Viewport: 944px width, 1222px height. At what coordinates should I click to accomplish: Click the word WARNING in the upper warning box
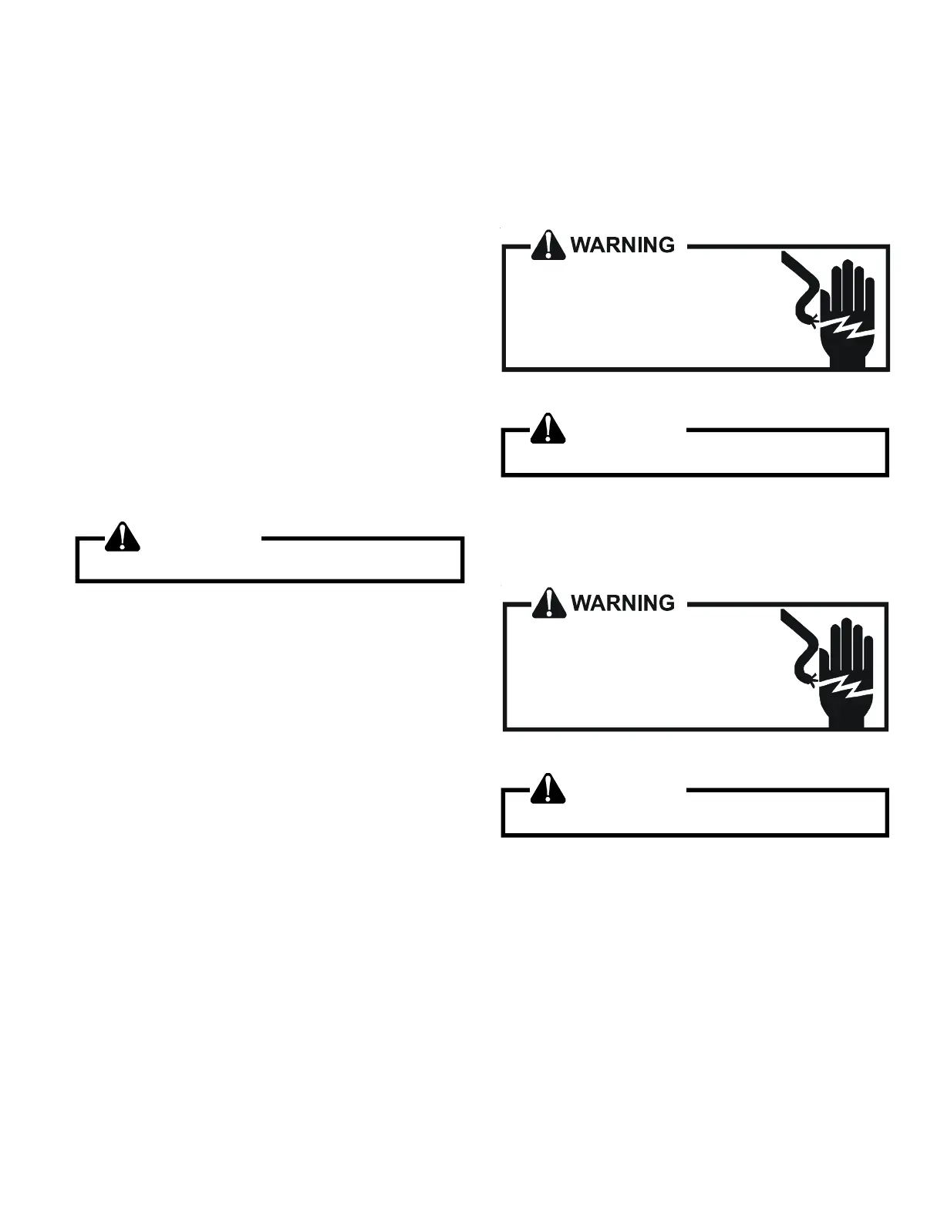(x=622, y=245)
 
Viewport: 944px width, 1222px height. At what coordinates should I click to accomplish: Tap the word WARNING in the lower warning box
(x=622, y=603)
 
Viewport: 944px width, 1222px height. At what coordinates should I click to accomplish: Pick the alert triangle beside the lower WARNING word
(x=548, y=603)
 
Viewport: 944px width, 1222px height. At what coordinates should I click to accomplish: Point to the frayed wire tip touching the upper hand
(x=811, y=319)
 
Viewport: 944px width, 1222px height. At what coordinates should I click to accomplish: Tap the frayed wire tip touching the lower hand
(x=811, y=677)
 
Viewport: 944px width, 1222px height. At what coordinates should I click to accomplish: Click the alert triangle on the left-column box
(x=123, y=537)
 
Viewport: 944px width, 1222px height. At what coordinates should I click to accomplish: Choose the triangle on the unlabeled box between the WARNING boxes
(x=548, y=428)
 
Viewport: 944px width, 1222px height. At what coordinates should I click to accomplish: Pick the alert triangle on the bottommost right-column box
(x=548, y=788)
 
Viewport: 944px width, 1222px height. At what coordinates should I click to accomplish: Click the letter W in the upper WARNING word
(x=581, y=245)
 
